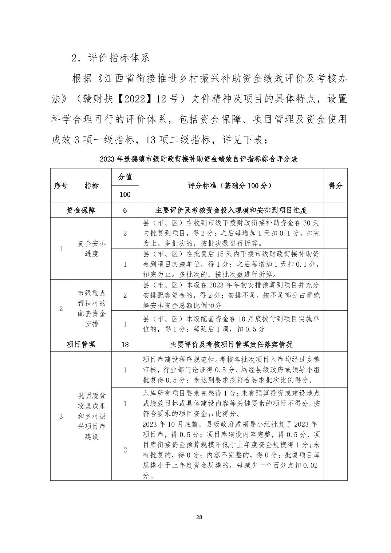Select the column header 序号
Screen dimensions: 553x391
[61, 186]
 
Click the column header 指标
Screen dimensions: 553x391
[92, 186]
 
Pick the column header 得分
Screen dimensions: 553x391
[335, 186]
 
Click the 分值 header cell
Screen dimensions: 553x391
[125, 177]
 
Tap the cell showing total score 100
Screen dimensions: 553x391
[125, 194]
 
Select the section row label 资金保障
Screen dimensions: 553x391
[81, 210]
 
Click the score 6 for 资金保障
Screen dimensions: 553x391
[125, 210]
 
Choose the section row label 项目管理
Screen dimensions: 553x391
[81, 344]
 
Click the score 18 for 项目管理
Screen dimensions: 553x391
[125, 344]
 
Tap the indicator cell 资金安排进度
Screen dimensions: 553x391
[92, 248]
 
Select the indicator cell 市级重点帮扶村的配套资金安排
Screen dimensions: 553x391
[92, 308]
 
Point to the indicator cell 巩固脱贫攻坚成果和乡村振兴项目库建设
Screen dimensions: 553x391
[92, 416]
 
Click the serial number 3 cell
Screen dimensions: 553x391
[61, 416]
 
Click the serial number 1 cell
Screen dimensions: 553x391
[61, 249]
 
